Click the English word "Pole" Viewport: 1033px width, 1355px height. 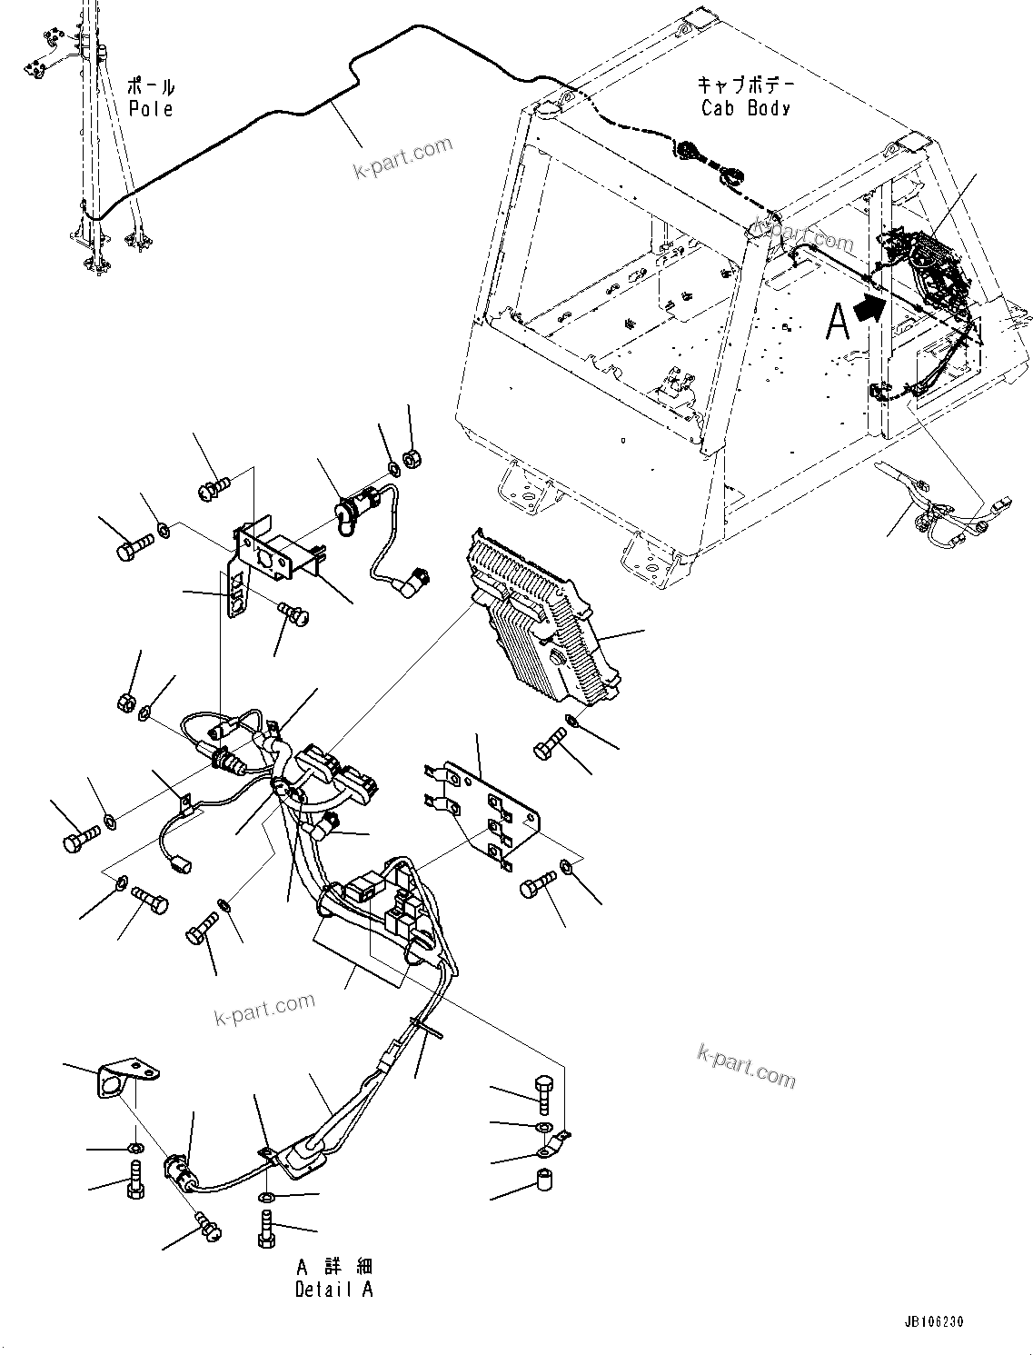tap(150, 109)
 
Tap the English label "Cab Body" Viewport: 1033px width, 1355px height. tap(746, 108)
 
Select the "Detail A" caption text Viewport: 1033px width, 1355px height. tap(333, 1289)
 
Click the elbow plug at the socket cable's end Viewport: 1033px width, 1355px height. tap(421, 576)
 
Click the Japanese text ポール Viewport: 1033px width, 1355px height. tap(150, 87)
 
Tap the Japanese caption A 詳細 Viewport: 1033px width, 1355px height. tap(333, 1267)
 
